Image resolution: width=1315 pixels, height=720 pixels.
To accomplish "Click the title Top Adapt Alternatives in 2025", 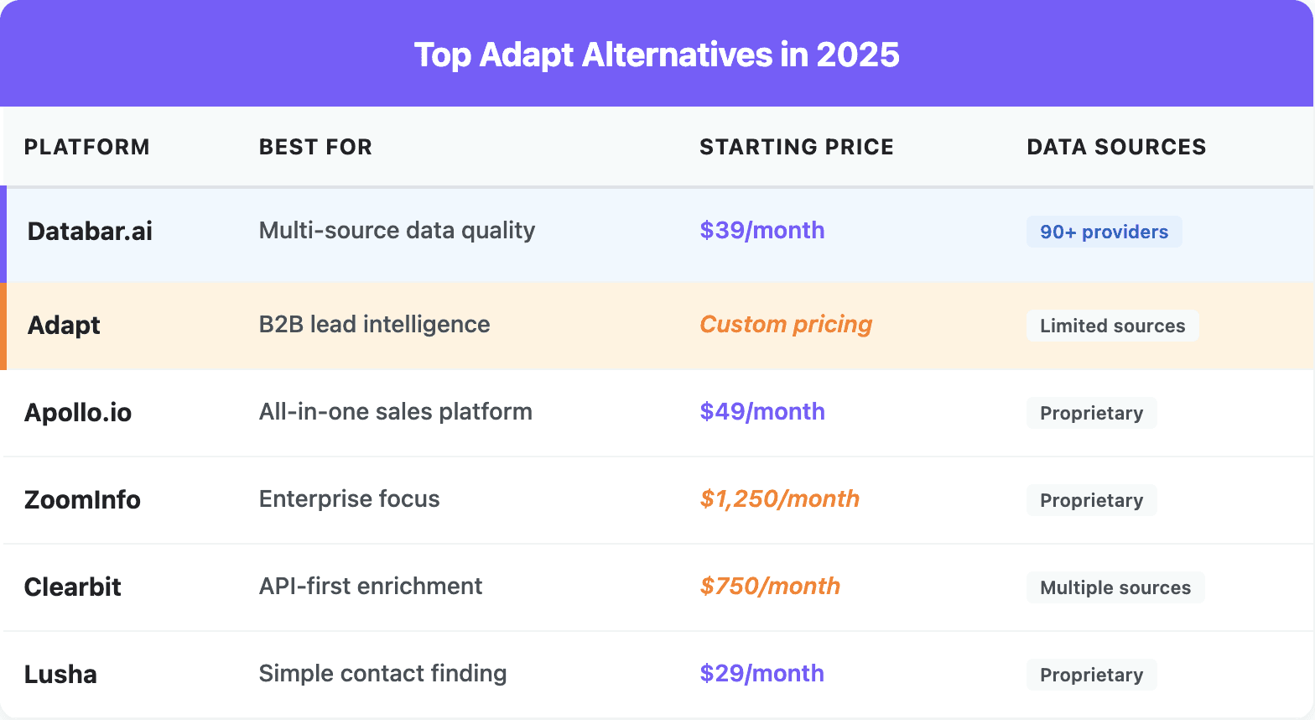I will pyautogui.click(x=657, y=55).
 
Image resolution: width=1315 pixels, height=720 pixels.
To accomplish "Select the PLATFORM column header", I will pyautogui.click(x=86, y=147).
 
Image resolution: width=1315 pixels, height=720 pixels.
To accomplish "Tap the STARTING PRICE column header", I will pyautogui.click(x=796, y=147).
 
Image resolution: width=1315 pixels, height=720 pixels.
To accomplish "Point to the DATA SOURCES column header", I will pyautogui.click(x=1115, y=147).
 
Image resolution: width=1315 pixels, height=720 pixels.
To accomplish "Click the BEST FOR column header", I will pyautogui.click(x=315, y=147).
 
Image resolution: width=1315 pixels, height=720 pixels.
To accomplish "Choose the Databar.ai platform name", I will pyautogui.click(x=90, y=232).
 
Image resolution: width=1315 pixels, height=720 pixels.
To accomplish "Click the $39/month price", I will pyautogui.click(x=761, y=231).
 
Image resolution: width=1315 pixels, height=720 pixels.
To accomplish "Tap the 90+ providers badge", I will pyautogui.click(x=1104, y=232).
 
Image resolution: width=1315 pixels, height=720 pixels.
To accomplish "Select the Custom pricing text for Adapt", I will pyautogui.click(x=786, y=325).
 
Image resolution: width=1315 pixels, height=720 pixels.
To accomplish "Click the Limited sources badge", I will pyautogui.click(x=1112, y=326).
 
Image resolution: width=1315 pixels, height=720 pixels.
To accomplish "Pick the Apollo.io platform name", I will pyautogui.click(x=78, y=413).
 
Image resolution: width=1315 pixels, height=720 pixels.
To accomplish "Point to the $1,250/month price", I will pyautogui.click(x=779, y=499).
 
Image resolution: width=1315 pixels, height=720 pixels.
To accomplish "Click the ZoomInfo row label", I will pyautogui.click(x=82, y=500).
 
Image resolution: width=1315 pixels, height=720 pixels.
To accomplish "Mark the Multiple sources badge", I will pyautogui.click(x=1115, y=588).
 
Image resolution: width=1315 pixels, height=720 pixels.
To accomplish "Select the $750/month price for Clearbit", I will pyautogui.click(x=770, y=587).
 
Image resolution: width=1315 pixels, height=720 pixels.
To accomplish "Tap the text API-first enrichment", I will pyautogui.click(x=370, y=587).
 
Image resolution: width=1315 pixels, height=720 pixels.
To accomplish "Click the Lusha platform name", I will pyautogui.click(x=60, y=675).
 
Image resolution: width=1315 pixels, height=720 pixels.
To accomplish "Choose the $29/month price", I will pyautogui.click(x=761, y=674).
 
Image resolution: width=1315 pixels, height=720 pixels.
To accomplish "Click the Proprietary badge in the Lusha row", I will pyautogui.click(x=1091, y=676).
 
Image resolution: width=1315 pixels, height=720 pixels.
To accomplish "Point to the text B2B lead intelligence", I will pyautogui.click(x=374, y=325).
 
